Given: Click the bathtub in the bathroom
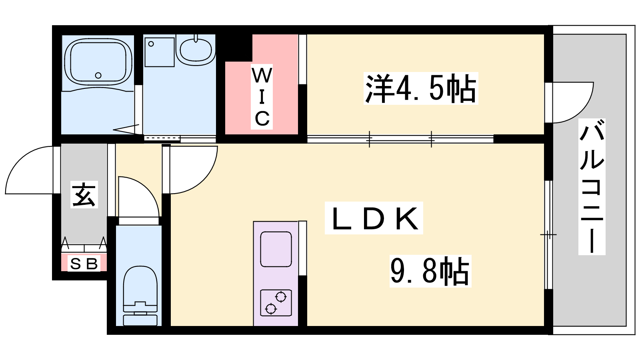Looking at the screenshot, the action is coord(98,62).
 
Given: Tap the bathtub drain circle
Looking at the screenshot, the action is coord(98,76).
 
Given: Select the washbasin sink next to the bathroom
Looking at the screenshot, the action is coord(196,50).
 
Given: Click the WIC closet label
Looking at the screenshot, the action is coord(262,96).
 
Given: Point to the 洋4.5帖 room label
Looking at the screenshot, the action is coord(420,88).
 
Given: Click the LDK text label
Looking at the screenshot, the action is coord(374,218).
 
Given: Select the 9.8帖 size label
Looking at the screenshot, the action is coord(430,271).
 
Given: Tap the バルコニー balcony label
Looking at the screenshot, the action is coord(592,186).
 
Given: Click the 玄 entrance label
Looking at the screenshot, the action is coord(84,194).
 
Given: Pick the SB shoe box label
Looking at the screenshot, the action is coord(84,264).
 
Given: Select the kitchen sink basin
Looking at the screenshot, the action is coord(276,249).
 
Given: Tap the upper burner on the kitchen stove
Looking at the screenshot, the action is coord(281,297).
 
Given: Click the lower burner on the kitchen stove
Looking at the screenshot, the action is coord(270,308).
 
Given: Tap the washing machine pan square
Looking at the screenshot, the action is coord(160,52).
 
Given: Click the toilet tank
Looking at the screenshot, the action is coord(140,320).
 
